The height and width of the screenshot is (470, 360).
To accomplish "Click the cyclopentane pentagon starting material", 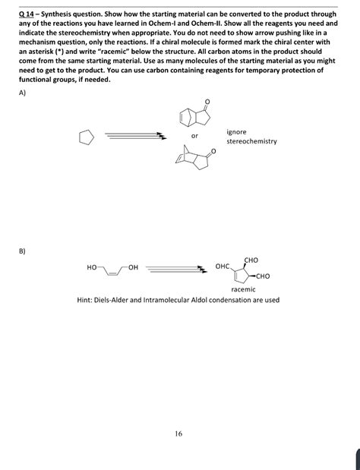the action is click(x=87, y=137).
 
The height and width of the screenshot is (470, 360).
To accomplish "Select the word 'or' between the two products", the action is click(x=194, y=137).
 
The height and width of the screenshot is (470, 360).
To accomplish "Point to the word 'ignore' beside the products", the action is click(x=235, y=132).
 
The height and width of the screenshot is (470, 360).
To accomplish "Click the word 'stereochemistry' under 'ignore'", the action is click(x=251, y=141).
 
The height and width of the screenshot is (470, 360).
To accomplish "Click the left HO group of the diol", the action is click(x=92, y=267).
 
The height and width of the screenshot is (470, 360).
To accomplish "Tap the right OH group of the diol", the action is click(x=134, y=267).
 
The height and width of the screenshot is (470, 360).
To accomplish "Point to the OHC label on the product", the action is click(x=223, y=267).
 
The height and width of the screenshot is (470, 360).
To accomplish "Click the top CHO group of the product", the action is click(x=251, y=260).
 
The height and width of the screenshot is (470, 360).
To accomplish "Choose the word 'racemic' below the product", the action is click(x=243, y=289).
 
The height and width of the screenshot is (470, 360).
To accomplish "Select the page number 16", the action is click(x=178, y=434).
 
